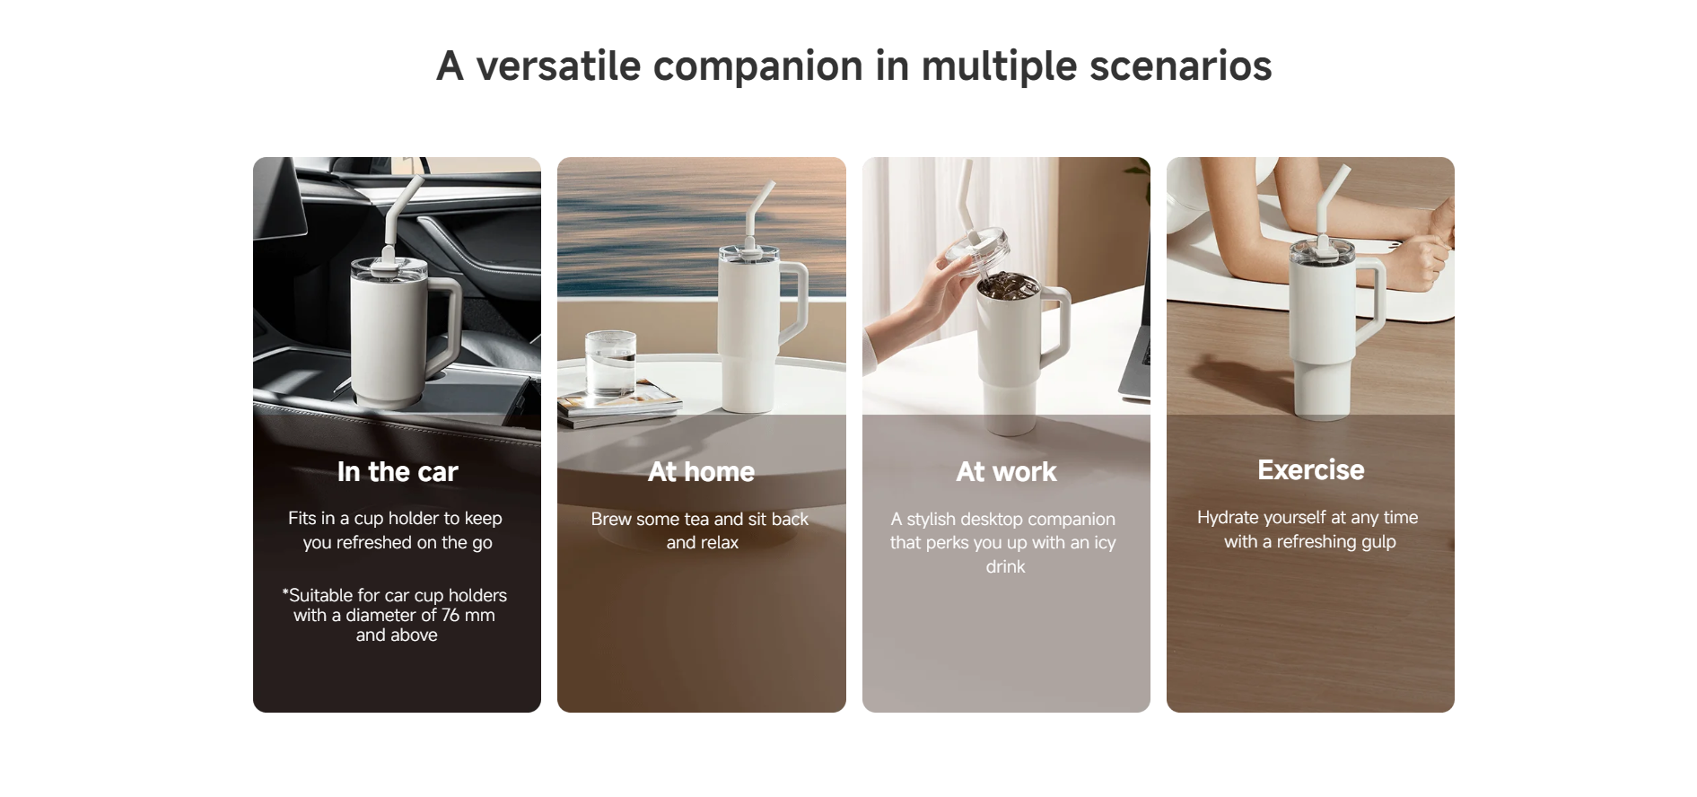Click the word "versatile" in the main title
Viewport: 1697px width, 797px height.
point(558,66)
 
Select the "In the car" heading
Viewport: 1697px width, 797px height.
point(398,471)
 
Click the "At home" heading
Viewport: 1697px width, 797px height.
point(702,471)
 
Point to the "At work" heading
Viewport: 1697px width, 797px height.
point(1006,471)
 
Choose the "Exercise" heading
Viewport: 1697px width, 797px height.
point(1311,469)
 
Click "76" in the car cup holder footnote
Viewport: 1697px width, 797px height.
point(450,615)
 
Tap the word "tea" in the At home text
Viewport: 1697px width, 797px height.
point(696,519)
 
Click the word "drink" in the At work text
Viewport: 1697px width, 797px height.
point(1005,566)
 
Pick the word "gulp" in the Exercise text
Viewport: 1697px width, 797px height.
point(1378,542)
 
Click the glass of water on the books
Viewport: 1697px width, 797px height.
point(610,363)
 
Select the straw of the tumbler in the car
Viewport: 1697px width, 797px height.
point(400,212)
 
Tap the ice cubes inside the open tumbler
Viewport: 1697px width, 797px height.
point(1008,286)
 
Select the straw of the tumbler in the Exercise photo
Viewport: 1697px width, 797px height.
point(1332,202)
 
